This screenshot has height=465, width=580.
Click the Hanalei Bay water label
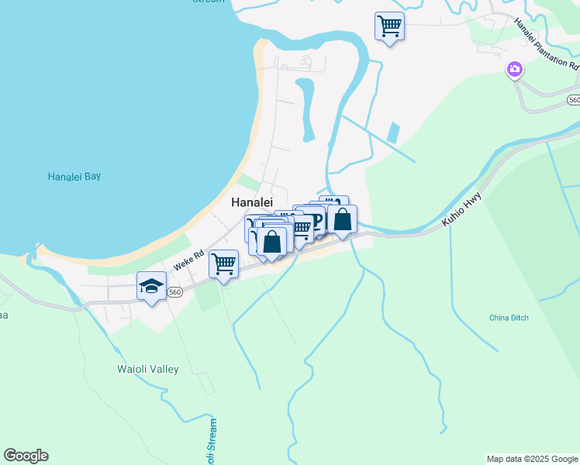74,177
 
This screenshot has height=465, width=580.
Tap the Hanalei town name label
252,202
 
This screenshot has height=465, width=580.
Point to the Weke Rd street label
188,260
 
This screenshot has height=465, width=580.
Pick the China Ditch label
509,318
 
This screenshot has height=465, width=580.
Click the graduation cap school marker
152,286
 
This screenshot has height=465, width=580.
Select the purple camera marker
513,71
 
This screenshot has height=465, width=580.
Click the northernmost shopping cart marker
389,26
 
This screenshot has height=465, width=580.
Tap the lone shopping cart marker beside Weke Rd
224,263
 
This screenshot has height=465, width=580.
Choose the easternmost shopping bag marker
342,219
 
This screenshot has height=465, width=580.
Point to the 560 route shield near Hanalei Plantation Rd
573,100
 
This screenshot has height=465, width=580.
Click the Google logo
26,456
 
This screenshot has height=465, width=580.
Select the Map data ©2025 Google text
532,459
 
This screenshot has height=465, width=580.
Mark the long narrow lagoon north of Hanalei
306,108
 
